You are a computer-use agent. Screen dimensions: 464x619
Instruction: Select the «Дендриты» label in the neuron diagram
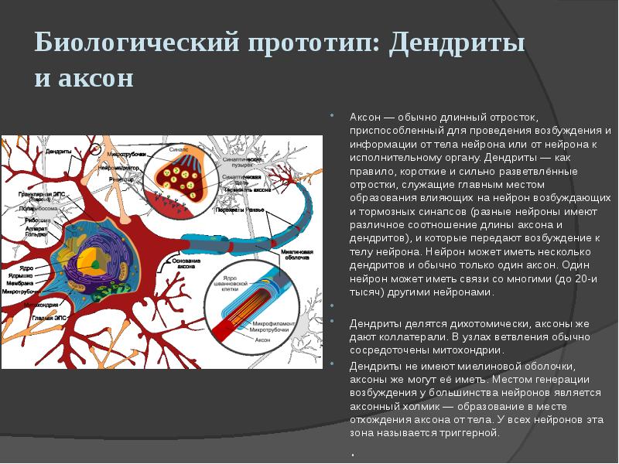(x=59, y=151)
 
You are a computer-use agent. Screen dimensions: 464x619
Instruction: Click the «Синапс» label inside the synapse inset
(x=179, y=146)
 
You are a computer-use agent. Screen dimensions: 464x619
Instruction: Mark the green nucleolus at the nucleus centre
(x=94, y=264)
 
